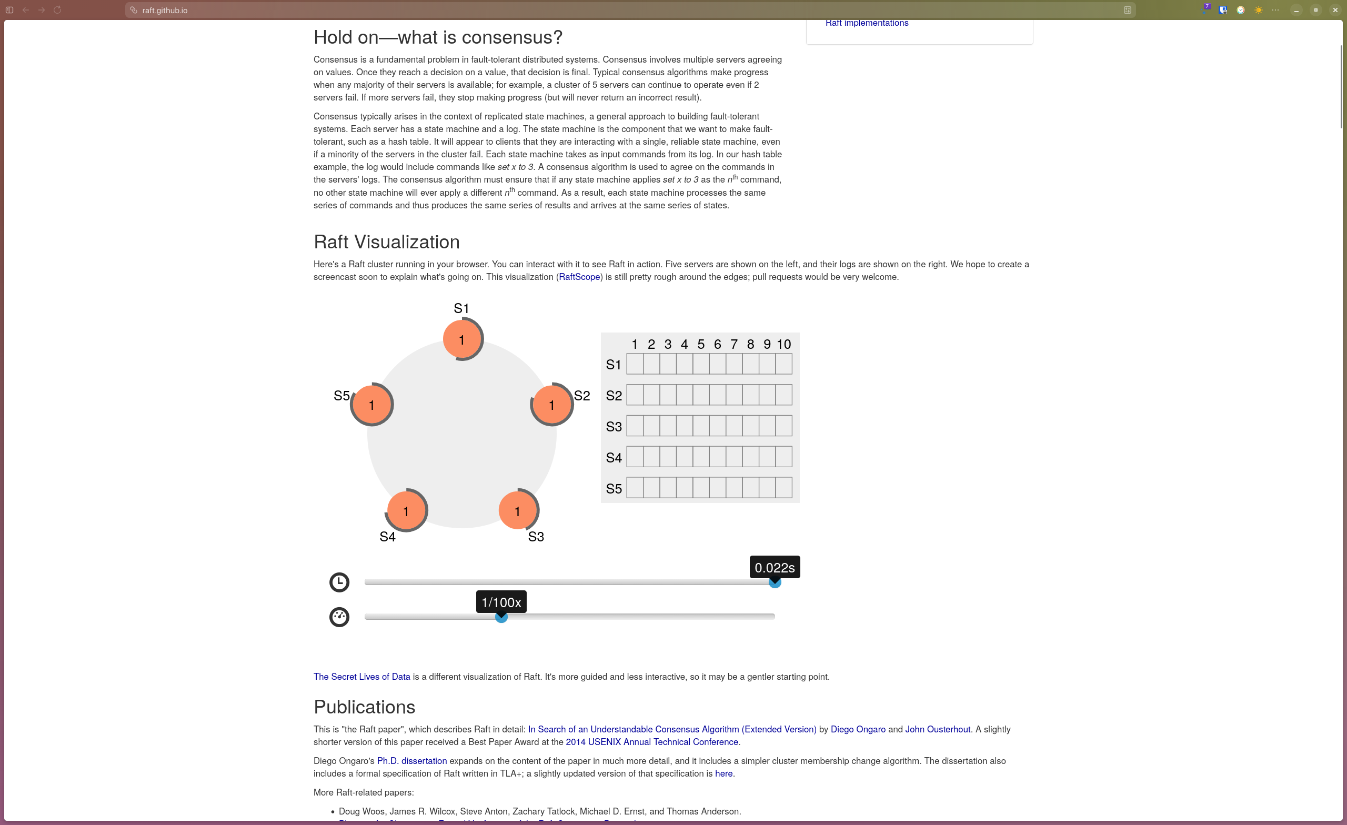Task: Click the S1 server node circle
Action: click(x=462, y=339)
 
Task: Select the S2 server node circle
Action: click(x=551, y=405)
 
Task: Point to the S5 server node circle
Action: click(x=371, y=405)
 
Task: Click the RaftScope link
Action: click(x=579, y=277)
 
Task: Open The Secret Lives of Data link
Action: click(x=361, y=676)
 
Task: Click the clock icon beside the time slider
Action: click(x=339, y=582)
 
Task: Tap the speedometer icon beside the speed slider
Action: click(x=339, y=617)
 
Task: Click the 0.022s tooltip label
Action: click(x=774, y=568)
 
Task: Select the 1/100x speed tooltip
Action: click(x=501, y=602)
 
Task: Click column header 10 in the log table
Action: click(x=783, y=344)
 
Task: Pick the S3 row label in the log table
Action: click(x=614, y=426)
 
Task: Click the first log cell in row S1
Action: click(x=635, y=364)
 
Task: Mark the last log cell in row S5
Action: click(x=783, y=488)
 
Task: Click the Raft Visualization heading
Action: click(x=386, y=242)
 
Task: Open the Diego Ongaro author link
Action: click(x=857, y=729)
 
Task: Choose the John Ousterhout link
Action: click(x=937, y=729)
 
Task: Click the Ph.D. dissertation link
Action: click(x=411, y=760)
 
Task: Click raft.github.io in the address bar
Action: click(x=165, y=11)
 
